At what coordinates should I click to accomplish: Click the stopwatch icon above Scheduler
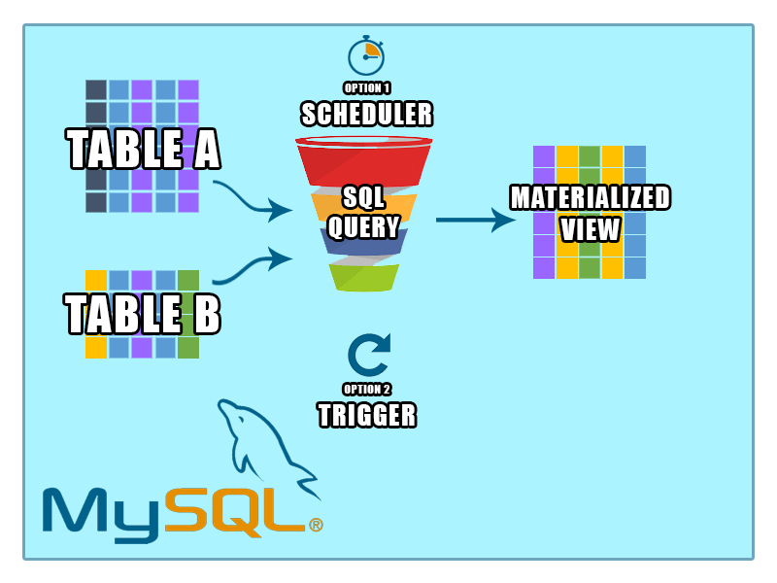[366, 55]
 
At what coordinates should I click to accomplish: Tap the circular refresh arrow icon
[368, 356]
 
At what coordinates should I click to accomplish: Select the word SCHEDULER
[367, 115]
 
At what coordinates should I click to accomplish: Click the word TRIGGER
[367, 416]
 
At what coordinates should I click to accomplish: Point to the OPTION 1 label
[367, 88]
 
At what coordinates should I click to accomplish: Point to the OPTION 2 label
[367, 390]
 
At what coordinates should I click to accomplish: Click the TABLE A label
[144, 151]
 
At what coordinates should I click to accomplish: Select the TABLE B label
[143, 315]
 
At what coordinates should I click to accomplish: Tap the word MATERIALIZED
[591, 198]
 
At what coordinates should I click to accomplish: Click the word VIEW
[591, 229]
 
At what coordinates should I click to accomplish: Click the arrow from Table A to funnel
[253, 198]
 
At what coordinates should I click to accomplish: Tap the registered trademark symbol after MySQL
[316, 525]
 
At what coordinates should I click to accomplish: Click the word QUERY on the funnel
[363, 227]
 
